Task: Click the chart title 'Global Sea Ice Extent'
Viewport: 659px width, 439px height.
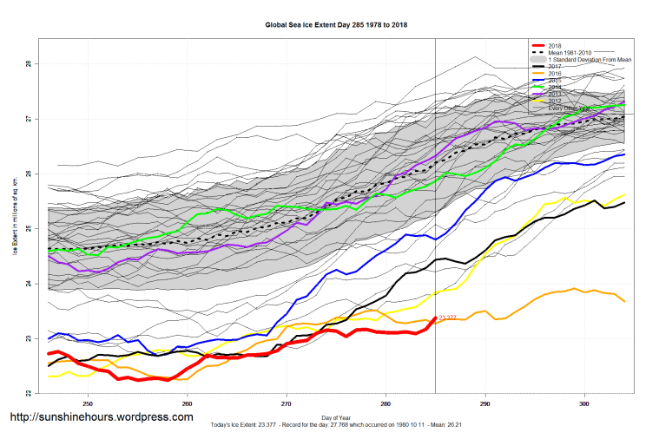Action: coord(336,26)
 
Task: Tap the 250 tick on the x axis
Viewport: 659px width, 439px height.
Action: coord(87,404)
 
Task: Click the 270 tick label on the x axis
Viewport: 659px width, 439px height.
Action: coord(287,404)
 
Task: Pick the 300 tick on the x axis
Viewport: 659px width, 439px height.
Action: coord(584,404)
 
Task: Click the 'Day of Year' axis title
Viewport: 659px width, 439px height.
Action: coord(336,417)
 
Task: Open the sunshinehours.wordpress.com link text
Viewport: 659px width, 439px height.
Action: coord(101,417)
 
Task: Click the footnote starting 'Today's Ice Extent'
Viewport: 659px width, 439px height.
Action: coord(336,425)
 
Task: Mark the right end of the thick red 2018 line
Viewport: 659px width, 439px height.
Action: coord(434,318)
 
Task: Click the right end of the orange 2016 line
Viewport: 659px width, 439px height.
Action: coord(624,301)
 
